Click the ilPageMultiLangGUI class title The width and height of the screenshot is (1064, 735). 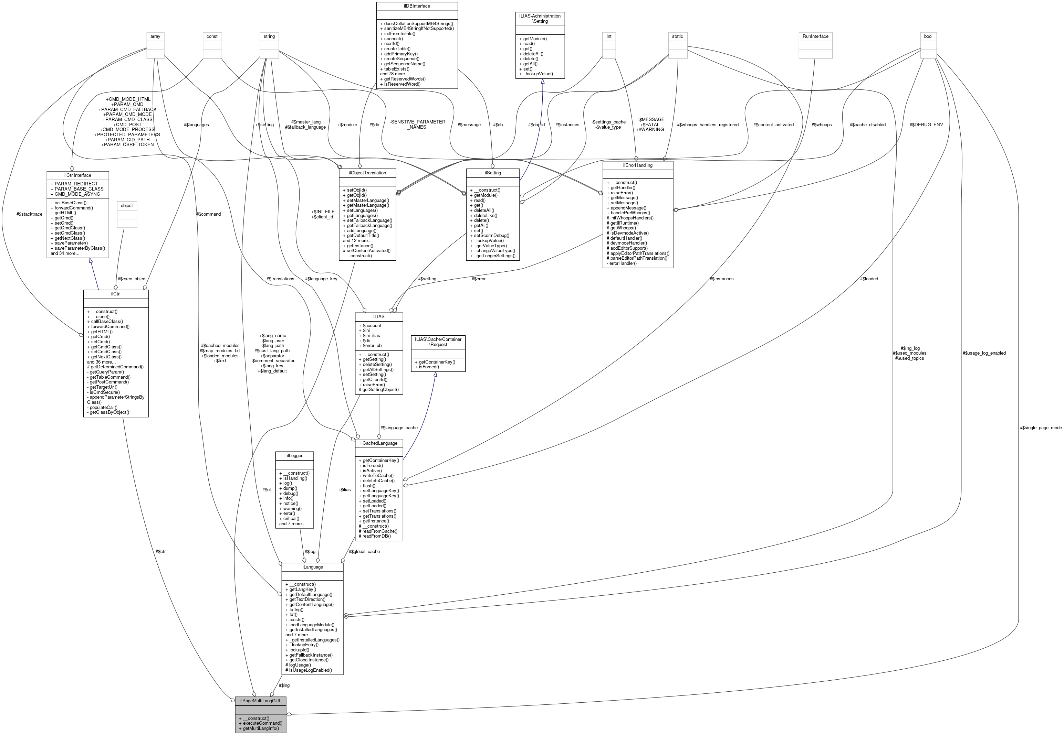(x=260, y=701)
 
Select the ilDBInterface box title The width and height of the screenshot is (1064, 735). (x=417, y=6)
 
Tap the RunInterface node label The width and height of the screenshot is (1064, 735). (x=815, y=36)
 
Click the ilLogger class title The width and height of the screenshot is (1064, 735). (x=295, y=455)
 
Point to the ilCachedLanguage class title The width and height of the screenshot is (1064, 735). (x=378, y=443)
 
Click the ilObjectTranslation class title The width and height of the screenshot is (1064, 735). (x=367, y=173)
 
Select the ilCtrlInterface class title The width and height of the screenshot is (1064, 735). (x=77, y=175)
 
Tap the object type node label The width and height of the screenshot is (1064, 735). (x=127, y=205)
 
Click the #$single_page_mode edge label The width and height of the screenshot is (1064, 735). (x=1041, y=428)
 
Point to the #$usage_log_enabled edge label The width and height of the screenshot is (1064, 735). (x=984, y=353)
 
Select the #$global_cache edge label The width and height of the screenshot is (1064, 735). (x=364, y=551)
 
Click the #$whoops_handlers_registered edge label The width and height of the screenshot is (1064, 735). (x=707, y=125)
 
